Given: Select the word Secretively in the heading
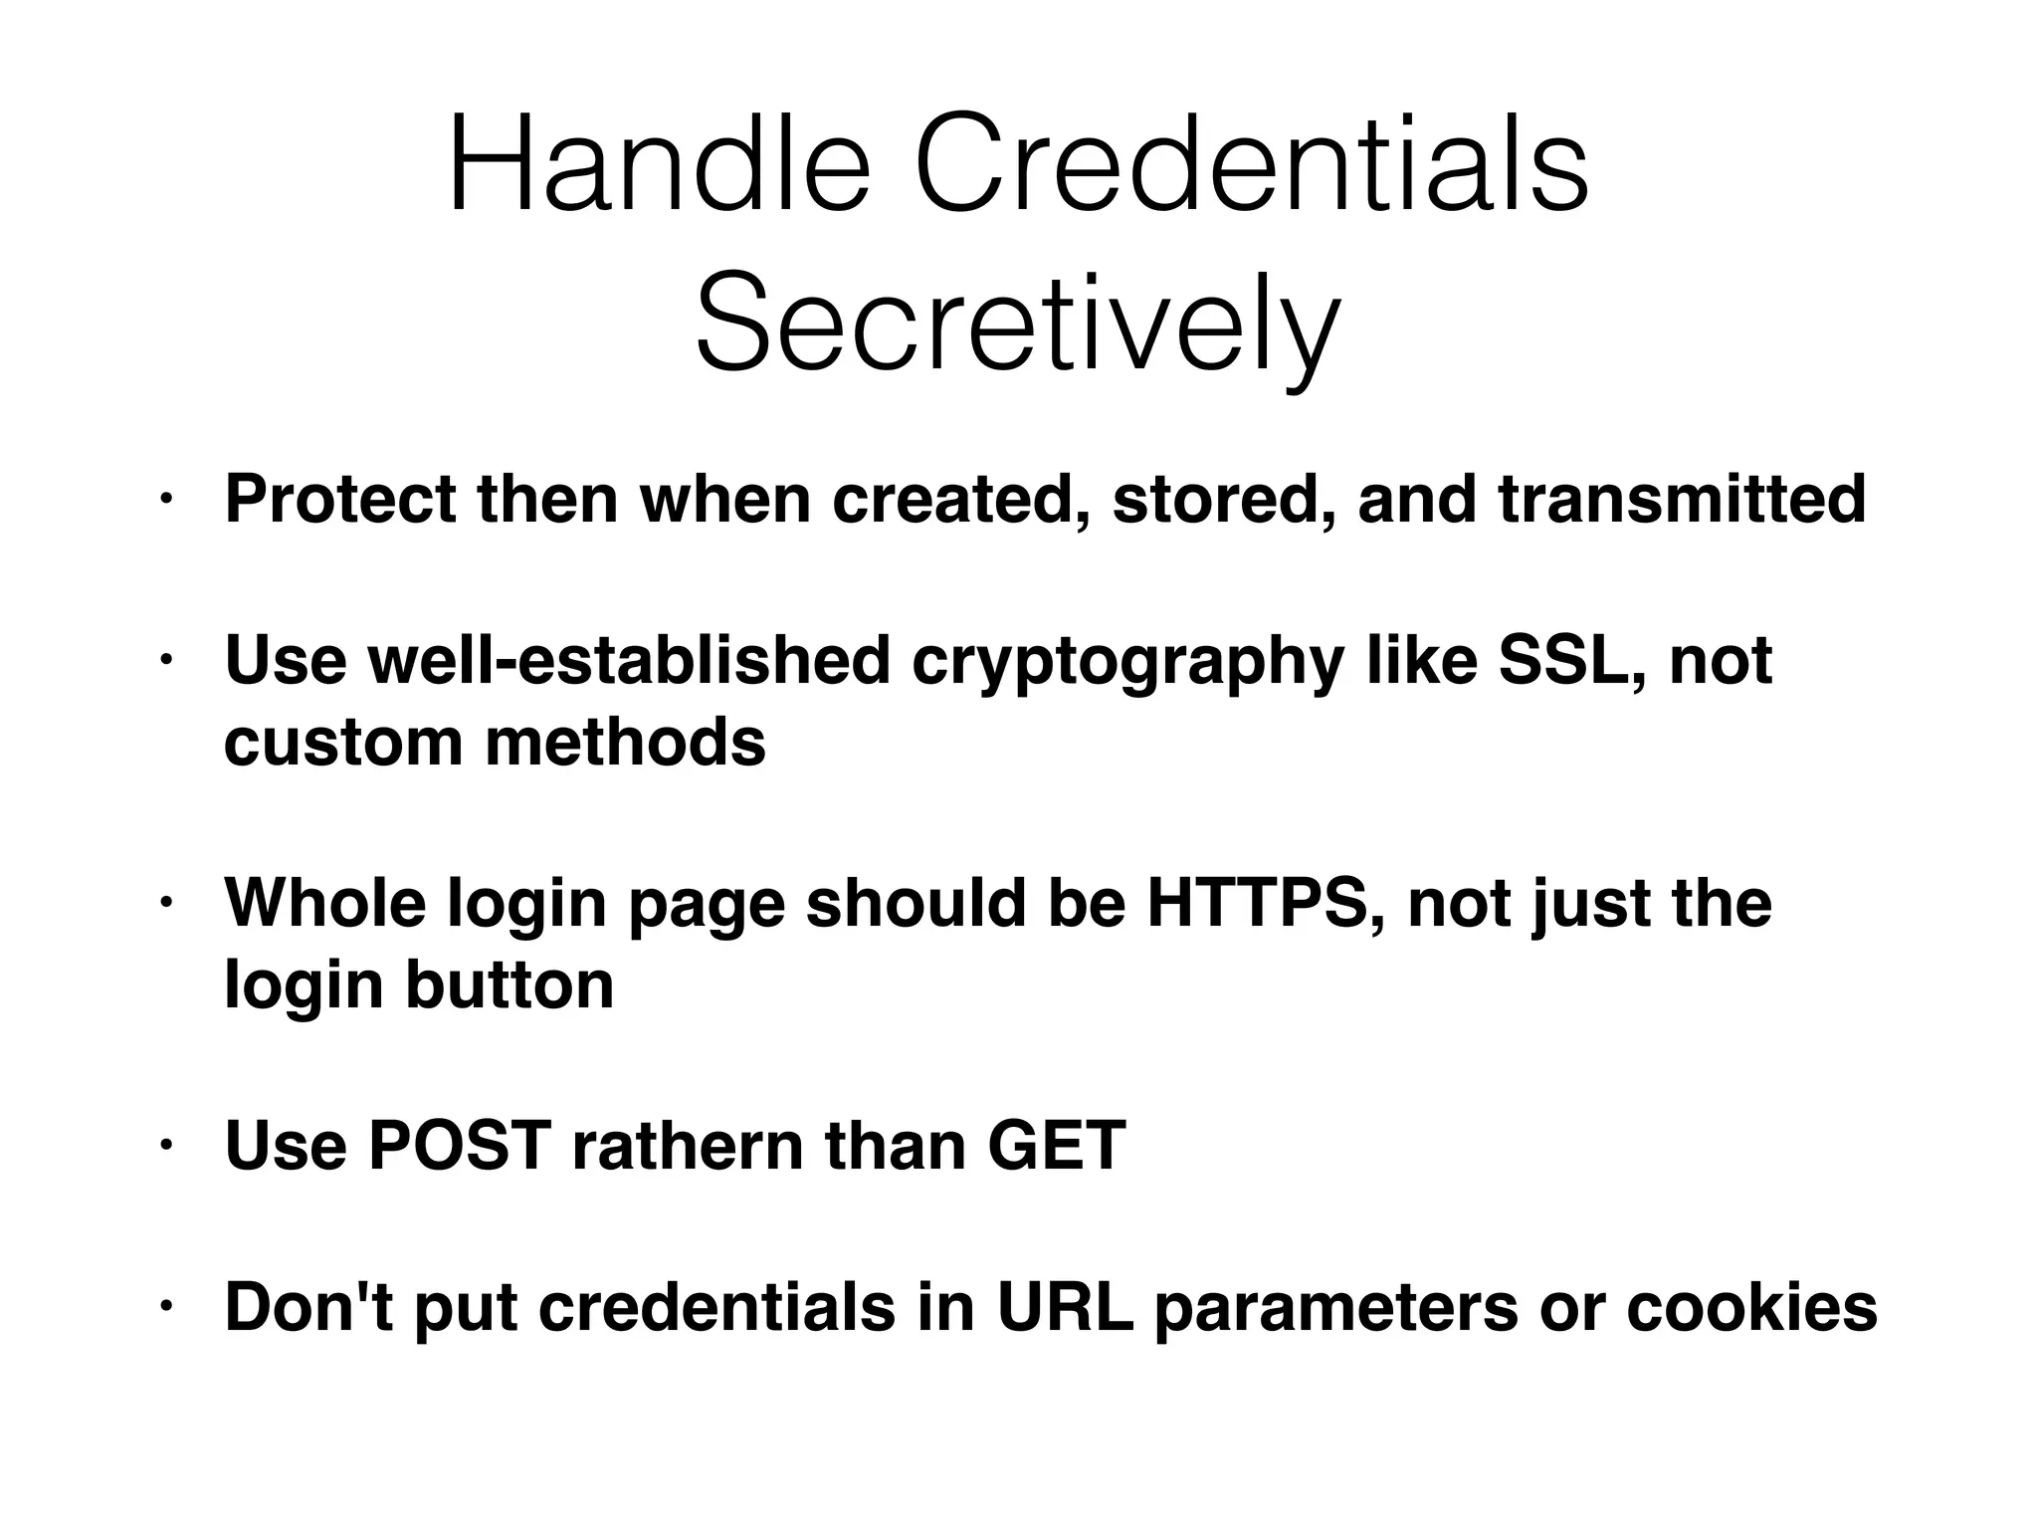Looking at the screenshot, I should point(1017,325).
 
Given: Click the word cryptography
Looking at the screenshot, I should point(1127,661).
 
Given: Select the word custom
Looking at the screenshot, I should point(343,742).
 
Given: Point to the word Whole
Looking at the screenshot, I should point(325,903).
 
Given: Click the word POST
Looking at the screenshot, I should point(459,1146).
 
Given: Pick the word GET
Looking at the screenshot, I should point(1056,1146).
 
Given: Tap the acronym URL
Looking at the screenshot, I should point(1065,1307).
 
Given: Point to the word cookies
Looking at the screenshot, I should point(1751,1307).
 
